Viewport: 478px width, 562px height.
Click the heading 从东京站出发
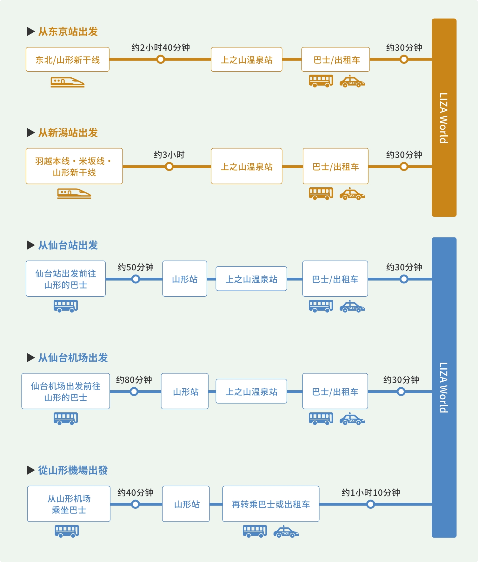[68, 32]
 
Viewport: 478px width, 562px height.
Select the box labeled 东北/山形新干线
[68, 60]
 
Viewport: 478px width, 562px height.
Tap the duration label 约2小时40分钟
[161, 48]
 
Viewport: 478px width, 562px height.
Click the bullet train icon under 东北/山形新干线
[68, 82]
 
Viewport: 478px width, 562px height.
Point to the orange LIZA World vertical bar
[444, 118]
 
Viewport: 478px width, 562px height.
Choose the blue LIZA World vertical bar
[444, 387]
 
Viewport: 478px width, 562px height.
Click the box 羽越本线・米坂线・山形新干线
[74, 166]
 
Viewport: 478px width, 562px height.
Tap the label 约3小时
[169, 155]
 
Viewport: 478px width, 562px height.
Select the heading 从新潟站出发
[68, 133]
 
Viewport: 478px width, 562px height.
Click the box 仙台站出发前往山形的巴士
[66, 279]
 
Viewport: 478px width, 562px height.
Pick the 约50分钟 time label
[136, 267]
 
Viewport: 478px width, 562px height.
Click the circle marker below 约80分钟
[134, 392]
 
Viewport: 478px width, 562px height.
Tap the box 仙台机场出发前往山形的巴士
[66, 391]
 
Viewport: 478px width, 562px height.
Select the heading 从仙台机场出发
[73, 358]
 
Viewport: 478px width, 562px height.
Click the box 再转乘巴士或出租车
[271, 504]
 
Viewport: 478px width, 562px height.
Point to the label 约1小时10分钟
[371, 493]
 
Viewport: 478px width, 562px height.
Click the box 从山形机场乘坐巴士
[69, 504]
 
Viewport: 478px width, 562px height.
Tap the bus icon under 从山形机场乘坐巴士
[67, 531]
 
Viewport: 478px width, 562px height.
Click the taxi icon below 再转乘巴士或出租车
[286, 532]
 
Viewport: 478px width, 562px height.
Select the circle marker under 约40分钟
[136, 504]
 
